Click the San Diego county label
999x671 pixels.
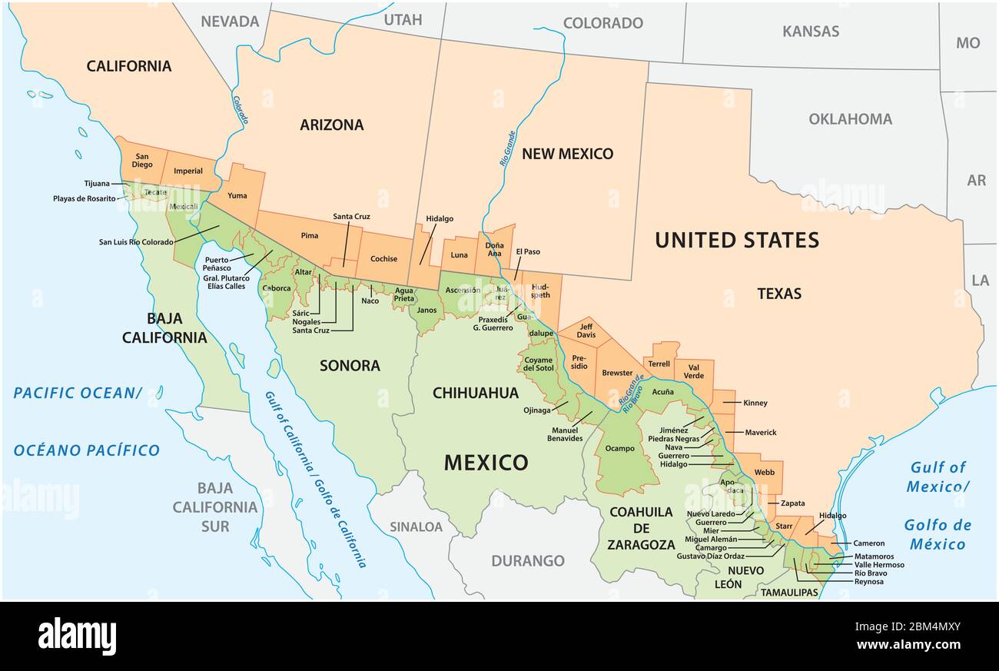pos(142,160)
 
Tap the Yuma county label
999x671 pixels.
pos(237,195)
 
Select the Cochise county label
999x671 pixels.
pos(383,259)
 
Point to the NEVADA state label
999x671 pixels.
pos(230,22)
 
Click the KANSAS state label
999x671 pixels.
pos(810,32)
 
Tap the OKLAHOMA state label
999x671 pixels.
pos(850,119)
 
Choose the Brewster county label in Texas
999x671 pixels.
pos(617,373)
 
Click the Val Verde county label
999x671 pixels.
pos(693,370)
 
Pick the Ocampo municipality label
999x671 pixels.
pos(620,448)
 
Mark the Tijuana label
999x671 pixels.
pos(97,184)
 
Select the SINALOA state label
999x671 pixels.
pos(416,527)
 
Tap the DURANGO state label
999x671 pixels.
pos(527,561)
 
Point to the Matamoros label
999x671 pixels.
pos(874,556)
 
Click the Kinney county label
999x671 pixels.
pos(755,403)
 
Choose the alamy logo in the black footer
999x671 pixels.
pos(77,636)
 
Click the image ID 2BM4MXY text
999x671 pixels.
pos(913,626)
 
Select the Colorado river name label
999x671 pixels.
pos(241,110)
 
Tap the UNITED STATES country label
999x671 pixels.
pos(736,241)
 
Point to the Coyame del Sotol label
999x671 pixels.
pos(539,364)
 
